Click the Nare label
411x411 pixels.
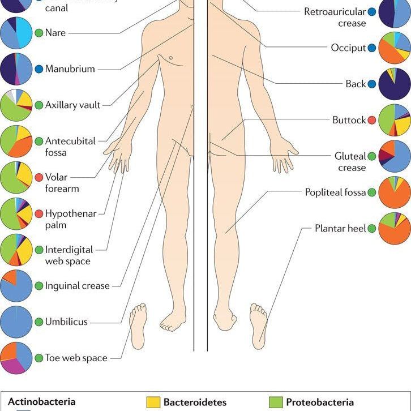point(55,33)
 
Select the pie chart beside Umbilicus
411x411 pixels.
point(16,322)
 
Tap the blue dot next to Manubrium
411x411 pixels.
point(38,69)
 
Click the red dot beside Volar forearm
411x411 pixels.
point(38,177)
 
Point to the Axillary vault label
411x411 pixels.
point(72,105)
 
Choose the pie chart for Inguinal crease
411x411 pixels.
point(16,285)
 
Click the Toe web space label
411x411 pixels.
point(76,358)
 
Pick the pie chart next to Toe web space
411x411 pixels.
point(16,358)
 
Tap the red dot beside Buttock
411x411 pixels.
point(371,120)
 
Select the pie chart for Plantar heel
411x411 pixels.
point(395,229)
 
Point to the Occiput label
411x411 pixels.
point(348,48)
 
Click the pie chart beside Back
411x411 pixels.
point(395,84)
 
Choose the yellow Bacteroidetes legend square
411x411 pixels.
point(153,403)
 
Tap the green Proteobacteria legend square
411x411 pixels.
point(275,403)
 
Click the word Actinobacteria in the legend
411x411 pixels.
point(41,401)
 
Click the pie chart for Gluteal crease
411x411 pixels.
point(395,157)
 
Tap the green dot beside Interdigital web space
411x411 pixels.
point(38,250)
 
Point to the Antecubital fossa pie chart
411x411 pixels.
point(16,141)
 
